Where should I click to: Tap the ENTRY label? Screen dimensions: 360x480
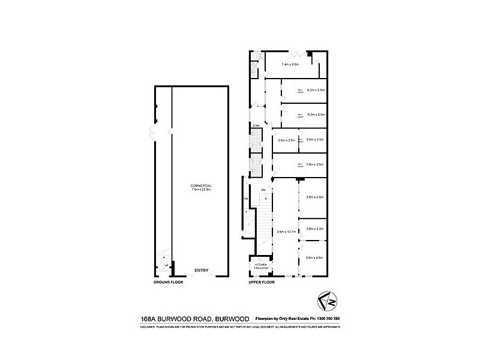pos(201,271)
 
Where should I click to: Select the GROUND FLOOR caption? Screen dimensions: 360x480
pos(168,281)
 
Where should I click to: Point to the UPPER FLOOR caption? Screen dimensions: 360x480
pos(262,281)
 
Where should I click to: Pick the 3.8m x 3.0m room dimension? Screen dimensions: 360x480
pos(315,229)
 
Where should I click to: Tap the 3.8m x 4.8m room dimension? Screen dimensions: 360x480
pos(315,257)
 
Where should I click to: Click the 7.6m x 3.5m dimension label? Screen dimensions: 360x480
pos(315,164)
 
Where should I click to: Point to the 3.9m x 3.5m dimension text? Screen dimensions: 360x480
pos(315,140)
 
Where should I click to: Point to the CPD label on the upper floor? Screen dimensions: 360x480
pos(256,125)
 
